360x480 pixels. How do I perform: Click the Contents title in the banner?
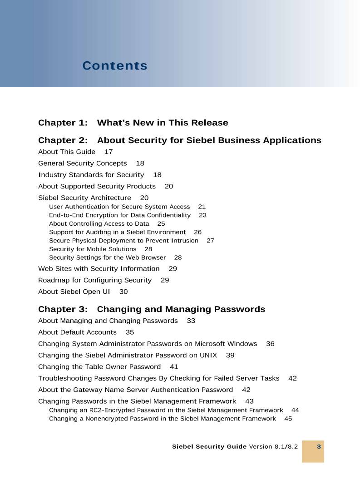click(x=115, y=66)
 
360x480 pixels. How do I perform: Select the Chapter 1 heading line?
click(x=133, y=123)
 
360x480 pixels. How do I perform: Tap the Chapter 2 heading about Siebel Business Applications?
click(x=179, y=140)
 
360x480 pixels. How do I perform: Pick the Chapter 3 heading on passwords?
click(x=151, y=309)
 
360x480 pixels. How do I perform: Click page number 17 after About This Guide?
click(x=108, y=152)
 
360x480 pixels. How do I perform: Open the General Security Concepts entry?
click(x=82, y=163)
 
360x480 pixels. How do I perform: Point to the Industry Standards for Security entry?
click(x=91, y=175)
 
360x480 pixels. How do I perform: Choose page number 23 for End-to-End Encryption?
click(x=202, y=215)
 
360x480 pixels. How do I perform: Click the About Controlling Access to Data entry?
click(x=99, y=223)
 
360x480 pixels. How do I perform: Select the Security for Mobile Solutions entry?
click(x=93, y=249)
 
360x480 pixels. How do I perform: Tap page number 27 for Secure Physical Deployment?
click(x=210, y=240)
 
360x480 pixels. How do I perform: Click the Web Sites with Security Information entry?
click(x=99, y=268)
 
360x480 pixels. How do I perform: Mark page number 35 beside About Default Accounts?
click(x=130, y=332)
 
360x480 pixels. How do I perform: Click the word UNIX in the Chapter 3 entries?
click(x=208, y=355)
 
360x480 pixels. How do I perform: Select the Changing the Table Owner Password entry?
click(x=99, y=366)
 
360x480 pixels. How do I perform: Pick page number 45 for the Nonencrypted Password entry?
click(x=288, y=418)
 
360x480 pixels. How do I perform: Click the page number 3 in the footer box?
click(x=319, y=447)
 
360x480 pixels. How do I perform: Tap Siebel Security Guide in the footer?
click(x=209, y=447)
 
